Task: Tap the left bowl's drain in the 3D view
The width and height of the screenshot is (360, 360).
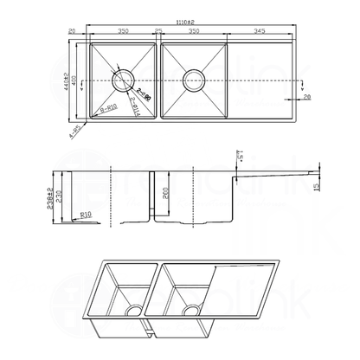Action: pyautogui.click(x=134, y=310)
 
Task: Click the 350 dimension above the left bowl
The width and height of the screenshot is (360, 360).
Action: pyautogui.click(x=123, y=31)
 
